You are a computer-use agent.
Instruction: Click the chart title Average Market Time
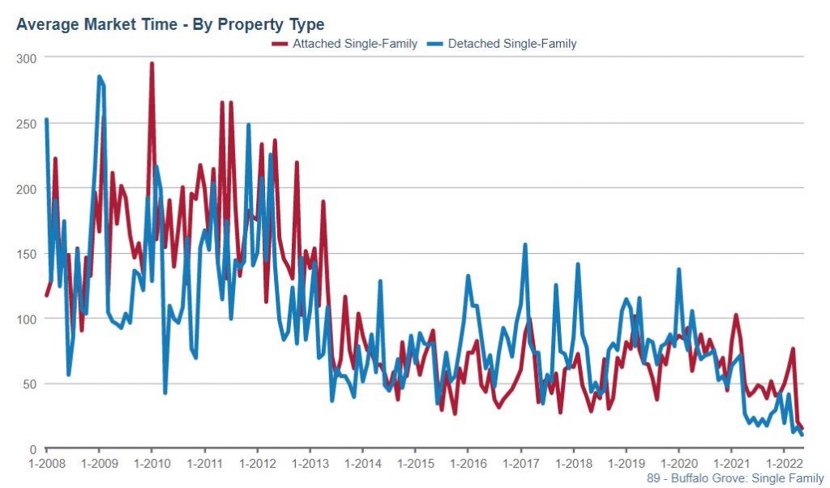[x=170, y=24]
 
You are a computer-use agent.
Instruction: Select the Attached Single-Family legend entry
[x=344, y=44]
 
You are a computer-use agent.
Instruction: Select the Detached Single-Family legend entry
[x=504, y=44]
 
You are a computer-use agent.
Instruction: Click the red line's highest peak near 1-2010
[x=152, y=63]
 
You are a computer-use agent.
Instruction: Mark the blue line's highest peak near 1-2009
[x=99, y=77]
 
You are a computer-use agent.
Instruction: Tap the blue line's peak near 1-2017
[x=525, y=244]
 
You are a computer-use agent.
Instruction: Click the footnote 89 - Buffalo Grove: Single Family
[x=735, y=479]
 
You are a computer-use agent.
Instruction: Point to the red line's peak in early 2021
[x=736, y=315]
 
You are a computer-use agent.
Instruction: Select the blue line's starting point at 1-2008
[x=46, y=120]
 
